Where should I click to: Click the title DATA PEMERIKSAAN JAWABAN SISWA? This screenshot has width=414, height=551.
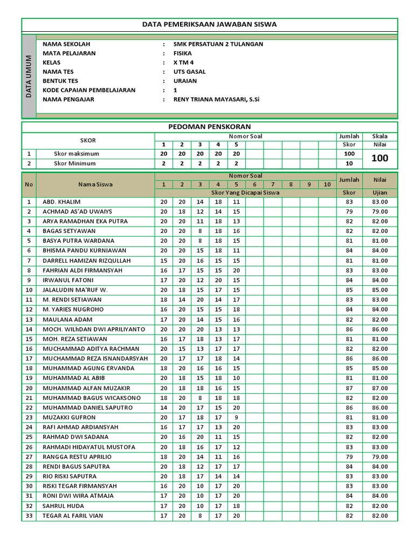209,24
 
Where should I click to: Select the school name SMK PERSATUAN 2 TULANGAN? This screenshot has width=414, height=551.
218,44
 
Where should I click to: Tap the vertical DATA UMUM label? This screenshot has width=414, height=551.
29,76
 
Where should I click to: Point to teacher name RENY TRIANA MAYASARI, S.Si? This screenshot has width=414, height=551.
216,100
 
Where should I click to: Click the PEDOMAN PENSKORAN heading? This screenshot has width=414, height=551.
210,126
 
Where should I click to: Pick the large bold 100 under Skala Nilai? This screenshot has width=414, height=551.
379,159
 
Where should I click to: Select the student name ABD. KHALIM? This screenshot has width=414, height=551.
61,202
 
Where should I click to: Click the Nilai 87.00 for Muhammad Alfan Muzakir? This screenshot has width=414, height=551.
379,388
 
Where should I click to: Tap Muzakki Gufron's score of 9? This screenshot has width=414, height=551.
236,417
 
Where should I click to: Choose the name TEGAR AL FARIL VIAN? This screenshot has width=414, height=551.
73,515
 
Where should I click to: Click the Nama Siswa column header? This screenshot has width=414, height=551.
95,184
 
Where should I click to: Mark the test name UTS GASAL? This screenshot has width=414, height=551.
189,72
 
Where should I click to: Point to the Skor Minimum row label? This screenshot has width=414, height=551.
75,164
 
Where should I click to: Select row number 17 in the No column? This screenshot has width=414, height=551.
29,358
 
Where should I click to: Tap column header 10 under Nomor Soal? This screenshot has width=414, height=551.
327,185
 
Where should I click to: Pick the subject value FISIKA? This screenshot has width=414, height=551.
182,53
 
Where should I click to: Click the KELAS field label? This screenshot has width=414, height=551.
52,62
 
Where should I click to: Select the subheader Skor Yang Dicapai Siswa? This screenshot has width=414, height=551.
245,193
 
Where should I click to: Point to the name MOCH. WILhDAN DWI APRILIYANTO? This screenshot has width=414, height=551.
94,329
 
